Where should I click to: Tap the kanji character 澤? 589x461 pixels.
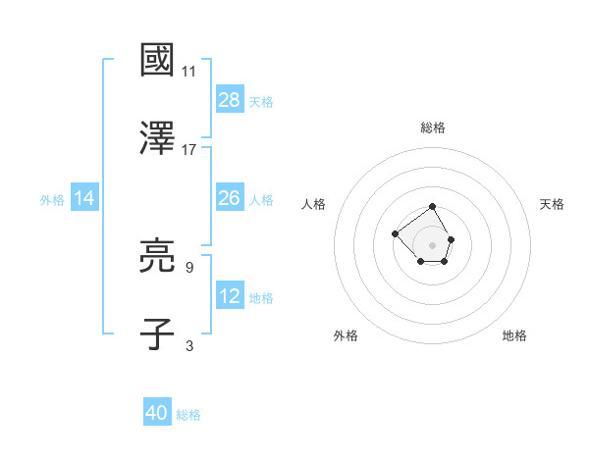158,137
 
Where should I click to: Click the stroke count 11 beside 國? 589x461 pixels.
189,72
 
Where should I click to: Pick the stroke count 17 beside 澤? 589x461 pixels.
189,149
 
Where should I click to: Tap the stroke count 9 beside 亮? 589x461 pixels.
189,266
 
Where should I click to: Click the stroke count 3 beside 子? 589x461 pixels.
189,345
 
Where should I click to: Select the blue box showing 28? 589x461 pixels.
230,99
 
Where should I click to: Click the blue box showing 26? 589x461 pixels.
230,198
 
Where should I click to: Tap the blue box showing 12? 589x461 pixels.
230,296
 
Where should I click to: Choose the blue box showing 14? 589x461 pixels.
84,198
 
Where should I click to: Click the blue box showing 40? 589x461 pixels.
157,413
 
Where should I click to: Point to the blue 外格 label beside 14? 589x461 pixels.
52,199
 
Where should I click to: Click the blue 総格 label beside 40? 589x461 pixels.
188,415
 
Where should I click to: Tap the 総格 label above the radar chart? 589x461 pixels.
433,128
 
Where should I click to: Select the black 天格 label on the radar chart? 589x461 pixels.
552,204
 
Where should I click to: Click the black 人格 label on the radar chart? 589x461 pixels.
314,204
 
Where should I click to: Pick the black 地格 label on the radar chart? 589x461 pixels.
514,335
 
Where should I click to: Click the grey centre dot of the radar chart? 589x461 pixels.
433,244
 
